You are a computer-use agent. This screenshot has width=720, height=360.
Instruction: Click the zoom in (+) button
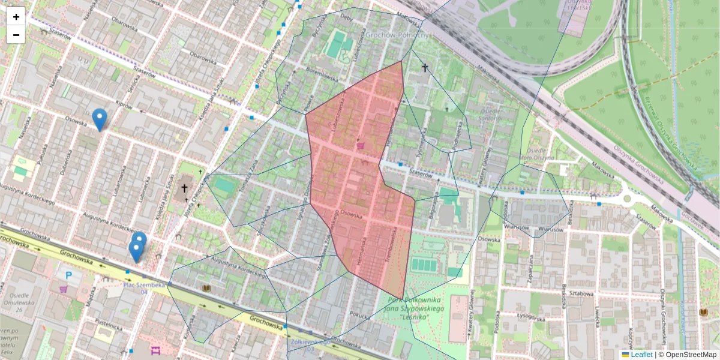pos(16,17)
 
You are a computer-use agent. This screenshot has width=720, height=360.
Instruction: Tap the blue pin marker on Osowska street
pos(100,119)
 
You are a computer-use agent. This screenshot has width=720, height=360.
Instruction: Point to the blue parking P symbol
pos(69,275)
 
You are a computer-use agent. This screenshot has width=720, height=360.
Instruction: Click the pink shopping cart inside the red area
pos(361,145)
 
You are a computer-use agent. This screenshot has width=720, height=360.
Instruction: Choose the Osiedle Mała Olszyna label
pos(536,154)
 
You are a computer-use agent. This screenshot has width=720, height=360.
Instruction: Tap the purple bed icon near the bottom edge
pos(156,350)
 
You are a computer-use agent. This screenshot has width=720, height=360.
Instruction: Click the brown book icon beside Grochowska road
pos(207,289)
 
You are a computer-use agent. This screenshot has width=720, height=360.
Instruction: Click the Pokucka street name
pos(362,313)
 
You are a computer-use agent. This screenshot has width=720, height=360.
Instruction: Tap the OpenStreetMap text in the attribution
pos(690,355)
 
